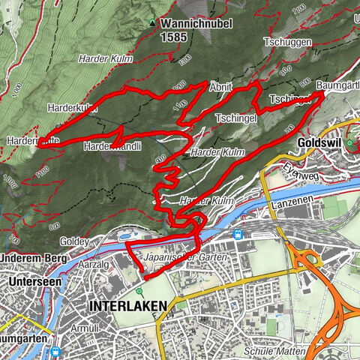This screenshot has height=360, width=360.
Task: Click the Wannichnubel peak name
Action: point(196,23)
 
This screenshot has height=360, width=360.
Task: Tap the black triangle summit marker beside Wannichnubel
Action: point(153,23)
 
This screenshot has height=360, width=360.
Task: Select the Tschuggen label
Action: point(287,43)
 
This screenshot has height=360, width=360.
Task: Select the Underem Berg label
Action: point(33,258)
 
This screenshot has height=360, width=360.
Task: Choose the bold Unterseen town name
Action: point(32,280)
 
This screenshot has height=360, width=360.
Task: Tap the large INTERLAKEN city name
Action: point(127,307)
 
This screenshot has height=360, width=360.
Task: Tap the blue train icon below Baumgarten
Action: point(55,350)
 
